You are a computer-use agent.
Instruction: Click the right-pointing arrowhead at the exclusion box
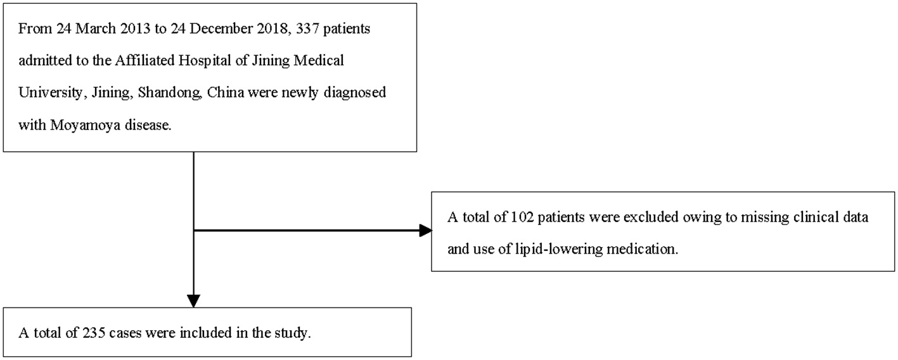pyautogui.click(x=424, y=231)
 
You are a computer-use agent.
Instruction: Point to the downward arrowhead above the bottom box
pyautogui.click(x=193, y=300)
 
